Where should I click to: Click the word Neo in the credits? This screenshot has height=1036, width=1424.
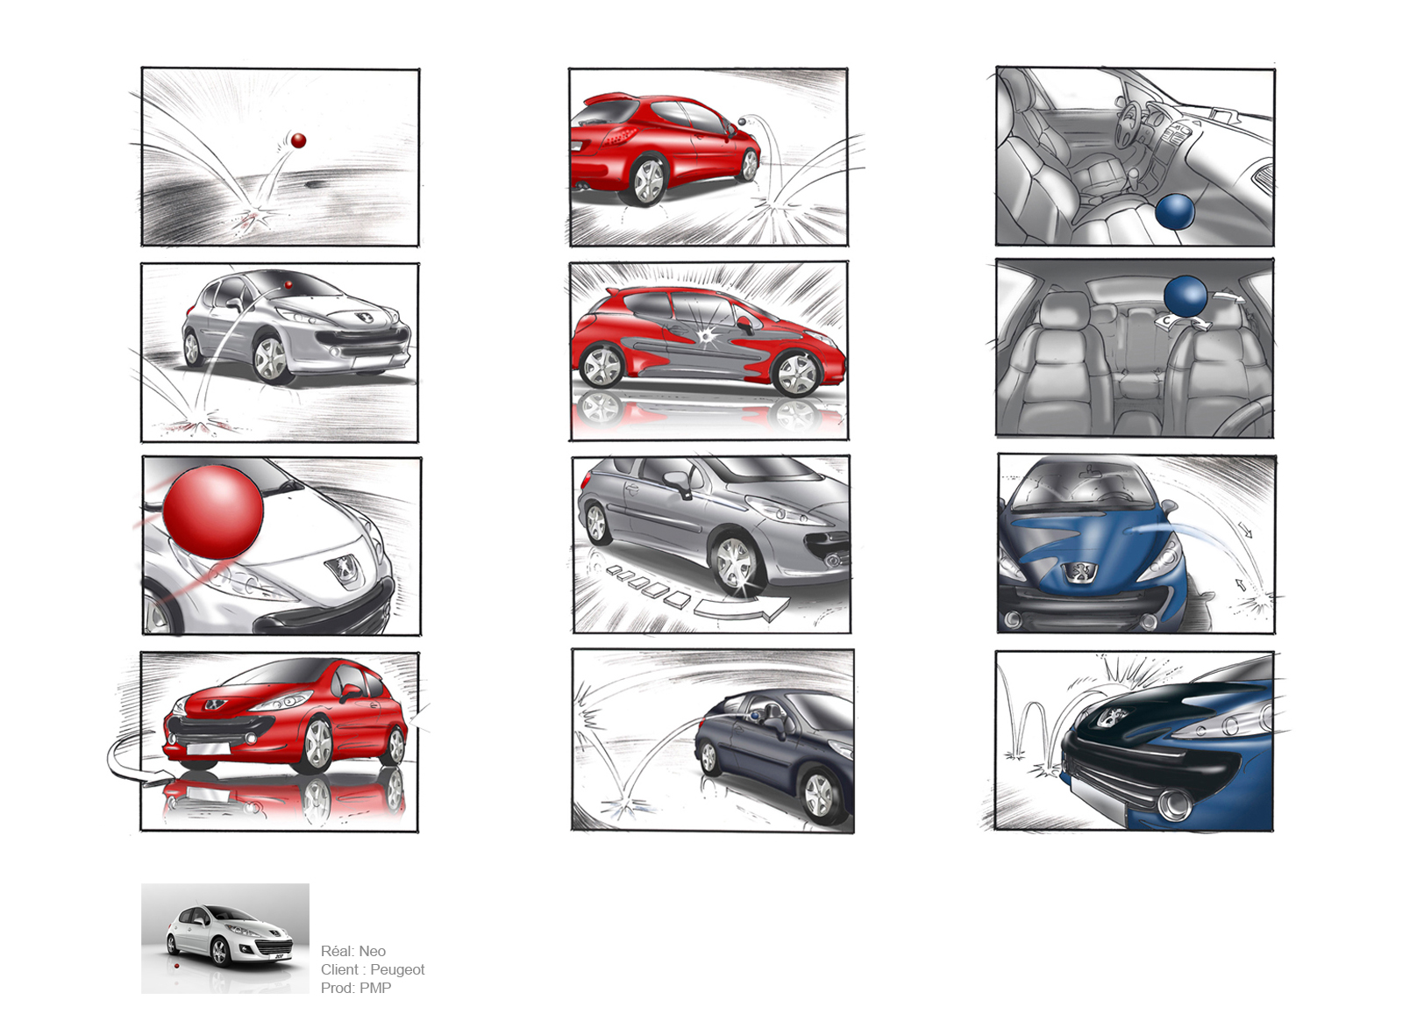pyautogui.click(x=372, y=951)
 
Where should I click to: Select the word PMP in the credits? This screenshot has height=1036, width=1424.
pyautogui.click(x=375, y=988)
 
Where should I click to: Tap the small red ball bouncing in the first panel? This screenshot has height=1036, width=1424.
pyautogui.click(x=298, y=140)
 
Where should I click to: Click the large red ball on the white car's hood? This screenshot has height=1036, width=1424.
pyautogui.click(x=213, y=512)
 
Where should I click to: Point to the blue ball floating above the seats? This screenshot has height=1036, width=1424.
pyautogui.click(x=1185, y=297)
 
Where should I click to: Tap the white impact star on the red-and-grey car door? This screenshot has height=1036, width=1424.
pyautogui.click(x=705, y=335)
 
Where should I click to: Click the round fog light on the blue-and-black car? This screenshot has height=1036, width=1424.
pyautogui.click(x=1173, y=804)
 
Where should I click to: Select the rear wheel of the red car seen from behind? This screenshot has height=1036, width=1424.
pyautogui.click(x=648, y=181)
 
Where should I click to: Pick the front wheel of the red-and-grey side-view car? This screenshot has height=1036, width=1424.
pyautogui.click(x=798, y=374)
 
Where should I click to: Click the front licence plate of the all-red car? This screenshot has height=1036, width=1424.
pyautogui.click(x=209, y=749)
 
